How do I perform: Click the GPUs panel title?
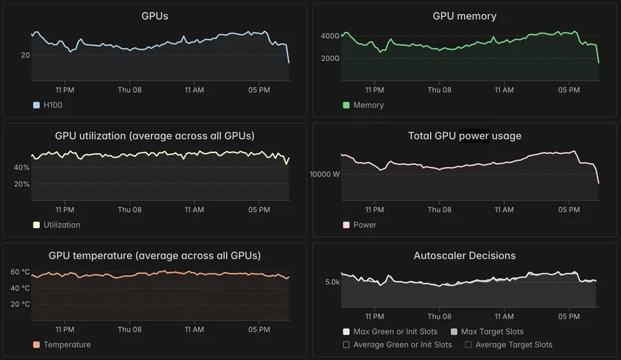coord(155,16)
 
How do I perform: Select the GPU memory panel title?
coord(464,16)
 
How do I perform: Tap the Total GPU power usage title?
coord(464,136)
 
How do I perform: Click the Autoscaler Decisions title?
coord(464,256)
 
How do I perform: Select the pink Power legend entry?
coord(365,225)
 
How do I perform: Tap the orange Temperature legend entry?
coord(67,345)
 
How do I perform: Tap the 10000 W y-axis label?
coord(325,174)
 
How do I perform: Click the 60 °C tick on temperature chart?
coord(20,272)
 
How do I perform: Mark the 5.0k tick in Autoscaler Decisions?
coord(332,282)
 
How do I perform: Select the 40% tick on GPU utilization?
coord(21,168)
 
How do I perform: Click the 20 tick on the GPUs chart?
coord(25,55)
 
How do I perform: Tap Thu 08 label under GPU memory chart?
coord(439,90)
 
